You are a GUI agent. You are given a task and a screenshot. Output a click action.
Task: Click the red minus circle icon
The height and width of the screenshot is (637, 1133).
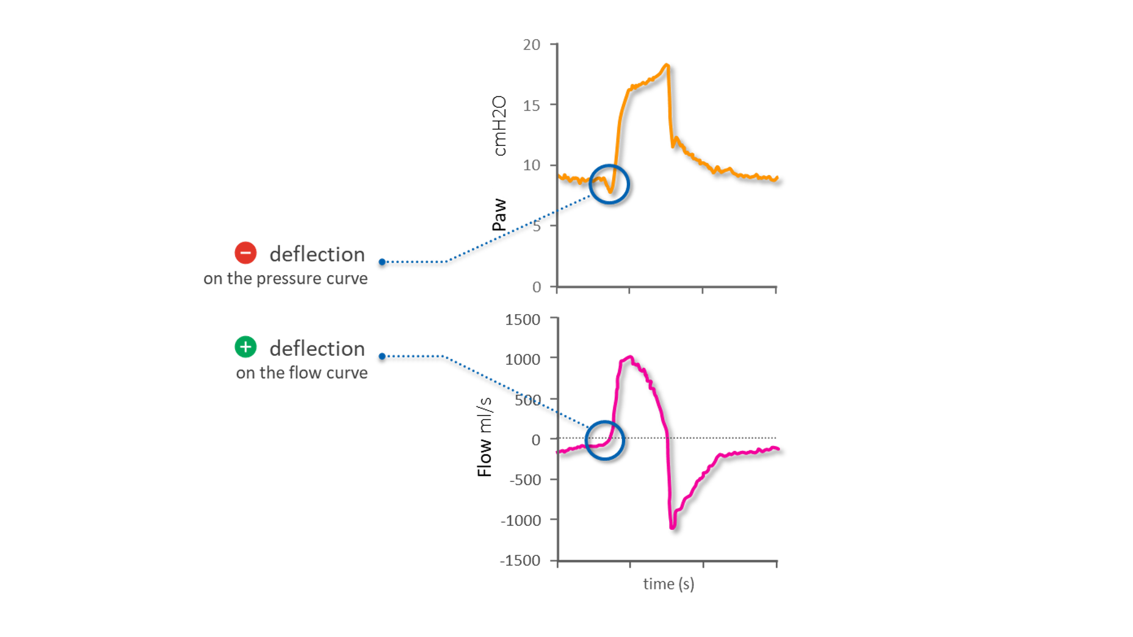pyautogui.click(x=245, y=253)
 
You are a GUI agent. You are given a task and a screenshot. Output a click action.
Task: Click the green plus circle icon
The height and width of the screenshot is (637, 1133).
pyautogui.click(x=245, y=347)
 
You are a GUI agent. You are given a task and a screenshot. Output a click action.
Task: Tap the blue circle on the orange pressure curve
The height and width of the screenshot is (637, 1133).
pyautogui.click(x=609, y=184)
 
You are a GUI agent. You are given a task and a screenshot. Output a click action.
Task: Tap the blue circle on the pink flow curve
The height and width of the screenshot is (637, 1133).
pyautogui.click(x=604, y=440)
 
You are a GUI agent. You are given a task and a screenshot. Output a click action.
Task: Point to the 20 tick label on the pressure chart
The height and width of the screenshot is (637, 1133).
pyautogui.click(x=531, y=45)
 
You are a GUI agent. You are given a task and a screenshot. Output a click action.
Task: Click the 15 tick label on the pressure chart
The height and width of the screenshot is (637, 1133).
pyautogui.click(x=531, y=106)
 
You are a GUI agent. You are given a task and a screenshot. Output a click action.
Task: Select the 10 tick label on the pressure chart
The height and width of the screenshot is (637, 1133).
pyautogui.click(x=531, y=165)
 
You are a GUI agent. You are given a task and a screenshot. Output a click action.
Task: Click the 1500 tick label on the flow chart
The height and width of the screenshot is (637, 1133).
pyautogui.click(x=523, y=320)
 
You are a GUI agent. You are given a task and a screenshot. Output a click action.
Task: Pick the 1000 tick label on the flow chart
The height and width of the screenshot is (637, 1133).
pyautogui.click(x=523, y=359)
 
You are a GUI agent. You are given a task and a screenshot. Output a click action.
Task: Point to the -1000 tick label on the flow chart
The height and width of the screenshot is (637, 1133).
pyautogui.click(x=520, y=520)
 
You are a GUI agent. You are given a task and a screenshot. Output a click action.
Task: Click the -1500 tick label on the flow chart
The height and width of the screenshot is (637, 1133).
pyautogui.click(x=520, y=561)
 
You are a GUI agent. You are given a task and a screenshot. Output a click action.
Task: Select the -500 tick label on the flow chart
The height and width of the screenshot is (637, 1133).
pyautogui.click(x=524, y=480)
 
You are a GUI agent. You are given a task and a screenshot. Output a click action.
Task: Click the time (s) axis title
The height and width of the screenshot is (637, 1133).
pyautogui.click(x=668, y=584)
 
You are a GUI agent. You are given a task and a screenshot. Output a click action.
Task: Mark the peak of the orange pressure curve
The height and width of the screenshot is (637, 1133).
pyautogui.click(x=667, y=64)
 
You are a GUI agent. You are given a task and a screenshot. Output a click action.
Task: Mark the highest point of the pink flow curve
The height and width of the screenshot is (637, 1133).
pyautogui.click(x=629, y=357)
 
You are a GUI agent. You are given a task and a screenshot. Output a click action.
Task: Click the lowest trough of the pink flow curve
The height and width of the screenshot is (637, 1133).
pyautogui.click(x=672, y=527)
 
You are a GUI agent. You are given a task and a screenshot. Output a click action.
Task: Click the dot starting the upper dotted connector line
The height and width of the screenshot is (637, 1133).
pyautogui.click(x=382, y=262)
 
